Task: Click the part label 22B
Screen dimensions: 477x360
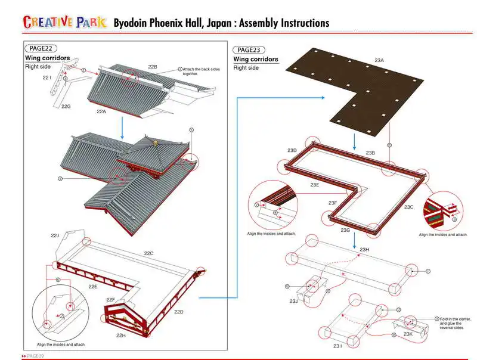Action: pos(152,66)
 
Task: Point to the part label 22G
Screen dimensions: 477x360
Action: pos(66,106)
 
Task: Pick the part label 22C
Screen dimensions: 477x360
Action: pos(148,253)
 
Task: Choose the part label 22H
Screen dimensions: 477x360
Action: pos(121,335)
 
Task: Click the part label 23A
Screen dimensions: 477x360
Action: pos(379,61)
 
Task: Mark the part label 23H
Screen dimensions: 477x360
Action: pos(365,249)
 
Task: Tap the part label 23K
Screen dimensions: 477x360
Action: pos(408,334)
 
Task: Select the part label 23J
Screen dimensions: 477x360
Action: pos(293,301)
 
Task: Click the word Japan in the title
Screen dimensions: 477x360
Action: pos(216,23)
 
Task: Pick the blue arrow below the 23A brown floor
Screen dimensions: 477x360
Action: pos(355,141)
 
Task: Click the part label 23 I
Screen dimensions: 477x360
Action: pos(337,346)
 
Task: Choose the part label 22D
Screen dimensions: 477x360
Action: pos(178,312)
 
